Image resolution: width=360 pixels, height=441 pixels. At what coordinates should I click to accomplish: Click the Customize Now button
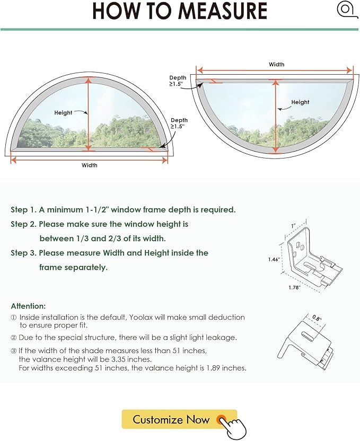[179, 419]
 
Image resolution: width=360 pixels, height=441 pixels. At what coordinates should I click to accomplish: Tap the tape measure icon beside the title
[347, 10]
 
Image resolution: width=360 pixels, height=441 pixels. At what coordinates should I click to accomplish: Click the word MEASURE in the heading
[223, 11]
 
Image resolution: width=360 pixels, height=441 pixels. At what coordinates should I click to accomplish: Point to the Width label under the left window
[90, 165]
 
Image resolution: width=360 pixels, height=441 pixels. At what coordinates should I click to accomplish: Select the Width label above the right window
[276, 65]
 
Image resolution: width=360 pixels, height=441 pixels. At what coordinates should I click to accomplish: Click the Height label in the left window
[63, 113]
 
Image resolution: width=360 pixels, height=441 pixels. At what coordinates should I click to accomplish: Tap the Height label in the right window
[300, 102]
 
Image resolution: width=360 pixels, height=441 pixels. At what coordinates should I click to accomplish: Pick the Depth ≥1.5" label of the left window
[179, 123]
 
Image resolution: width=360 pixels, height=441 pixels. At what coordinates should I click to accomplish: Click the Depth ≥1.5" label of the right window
[178, 81]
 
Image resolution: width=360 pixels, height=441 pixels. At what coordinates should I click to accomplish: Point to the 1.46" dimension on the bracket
[274, 259]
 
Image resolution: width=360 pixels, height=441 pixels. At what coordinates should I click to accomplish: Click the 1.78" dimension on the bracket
[294, 287]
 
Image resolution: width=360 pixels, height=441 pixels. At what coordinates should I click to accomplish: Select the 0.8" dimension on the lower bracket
[317, 318]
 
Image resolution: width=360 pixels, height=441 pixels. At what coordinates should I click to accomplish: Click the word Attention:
[28, 306]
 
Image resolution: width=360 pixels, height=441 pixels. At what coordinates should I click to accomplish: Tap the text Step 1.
[24, 210]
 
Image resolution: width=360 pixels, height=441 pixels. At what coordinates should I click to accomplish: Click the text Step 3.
[24, 253]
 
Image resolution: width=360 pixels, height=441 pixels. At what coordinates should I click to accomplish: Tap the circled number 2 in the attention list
[13, 338]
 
